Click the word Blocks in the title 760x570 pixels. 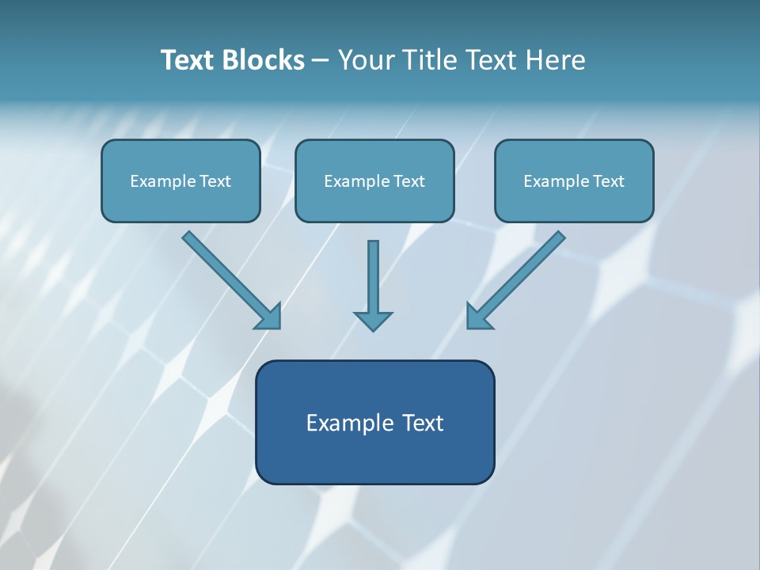click(x=265, y=60)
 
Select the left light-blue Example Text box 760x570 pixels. click(x=180, y=181)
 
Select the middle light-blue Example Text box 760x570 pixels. click(x=374, y=181)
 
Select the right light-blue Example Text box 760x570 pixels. click(x=574, y=181)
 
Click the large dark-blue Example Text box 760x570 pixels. click(x=374, y=443)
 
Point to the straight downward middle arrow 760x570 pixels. click(x=373, y=277)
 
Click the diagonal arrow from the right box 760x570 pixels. click(x=522, y=273)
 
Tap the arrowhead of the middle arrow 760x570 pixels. click(x=373, y=321)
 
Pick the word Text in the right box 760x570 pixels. click(x=609, y=181)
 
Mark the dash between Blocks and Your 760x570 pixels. click(x=321, y=61)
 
